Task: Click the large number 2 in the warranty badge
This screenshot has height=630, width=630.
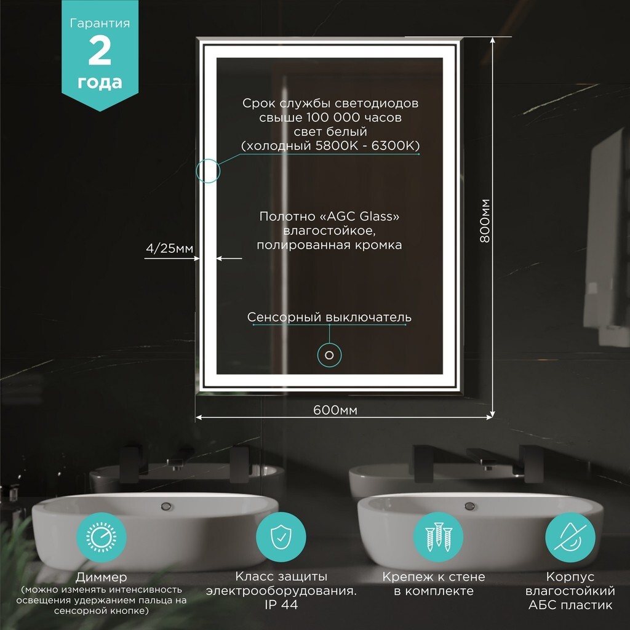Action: tap(100, 50)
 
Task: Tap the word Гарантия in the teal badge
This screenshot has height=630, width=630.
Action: tap(100, 23)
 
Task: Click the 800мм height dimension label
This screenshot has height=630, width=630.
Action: tap(485, 221)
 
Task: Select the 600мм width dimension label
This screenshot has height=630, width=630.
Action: tap(335, 410)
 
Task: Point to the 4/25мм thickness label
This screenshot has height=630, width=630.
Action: tap(170, 249)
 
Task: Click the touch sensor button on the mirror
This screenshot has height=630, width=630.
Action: tap(330, 355)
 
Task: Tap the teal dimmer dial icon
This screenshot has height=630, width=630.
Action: tap(102, 537)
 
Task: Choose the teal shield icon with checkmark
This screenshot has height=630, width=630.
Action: tap(281, 536)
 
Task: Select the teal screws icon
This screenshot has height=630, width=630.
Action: tap(438, 536)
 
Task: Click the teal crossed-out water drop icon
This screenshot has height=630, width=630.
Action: tap(570, 536)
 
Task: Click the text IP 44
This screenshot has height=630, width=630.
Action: tap(281, 605)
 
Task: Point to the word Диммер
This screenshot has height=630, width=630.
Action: tap(102, 577)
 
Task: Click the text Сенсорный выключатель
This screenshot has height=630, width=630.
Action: tap(330, 317)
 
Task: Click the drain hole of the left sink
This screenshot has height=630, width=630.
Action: tap(166, 506)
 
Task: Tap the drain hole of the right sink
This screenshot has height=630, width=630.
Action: tap(469, 506)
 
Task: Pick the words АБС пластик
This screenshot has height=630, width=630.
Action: tap(570, 605)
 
